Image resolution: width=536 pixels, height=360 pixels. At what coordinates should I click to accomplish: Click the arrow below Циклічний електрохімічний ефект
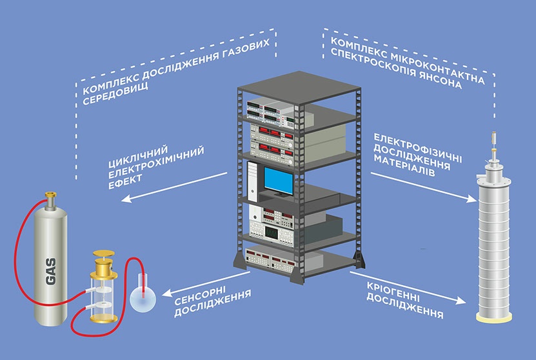(174, 187)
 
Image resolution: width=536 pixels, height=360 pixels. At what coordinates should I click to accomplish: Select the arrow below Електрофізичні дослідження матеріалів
(419, 186)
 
